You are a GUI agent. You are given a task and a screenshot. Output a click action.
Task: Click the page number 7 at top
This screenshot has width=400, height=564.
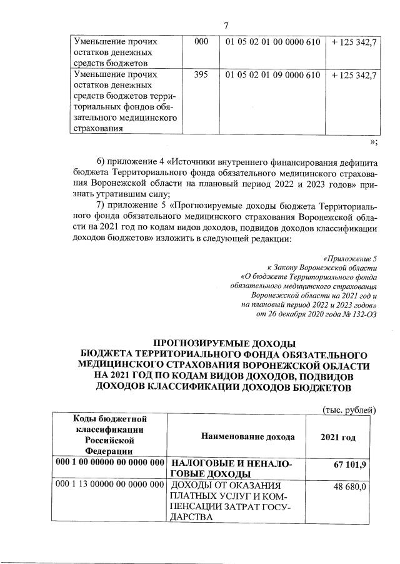226,25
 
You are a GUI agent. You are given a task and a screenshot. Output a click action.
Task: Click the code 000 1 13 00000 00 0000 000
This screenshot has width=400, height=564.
110,485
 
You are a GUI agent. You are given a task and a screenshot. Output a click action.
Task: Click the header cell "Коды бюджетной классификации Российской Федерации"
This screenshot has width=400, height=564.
110,434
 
